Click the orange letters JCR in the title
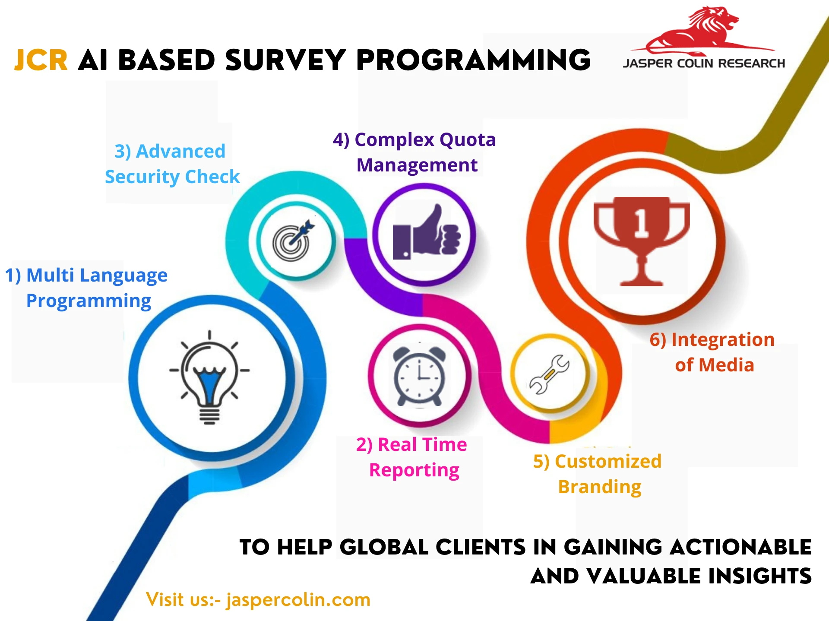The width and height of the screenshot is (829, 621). point(41,60)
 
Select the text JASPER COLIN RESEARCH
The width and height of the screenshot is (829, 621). point(704,63)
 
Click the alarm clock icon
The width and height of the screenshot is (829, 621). point(419,375)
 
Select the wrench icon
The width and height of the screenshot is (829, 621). point(549,374)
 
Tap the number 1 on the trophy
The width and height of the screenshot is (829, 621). point(641,223)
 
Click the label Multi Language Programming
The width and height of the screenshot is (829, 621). point(86,288)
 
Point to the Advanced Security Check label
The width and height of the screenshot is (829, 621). point(172,164)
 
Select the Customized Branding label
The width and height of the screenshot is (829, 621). point(598,474)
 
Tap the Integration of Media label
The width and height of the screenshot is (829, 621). point(712,352)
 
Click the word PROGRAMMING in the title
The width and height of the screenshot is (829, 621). point(474,60)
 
